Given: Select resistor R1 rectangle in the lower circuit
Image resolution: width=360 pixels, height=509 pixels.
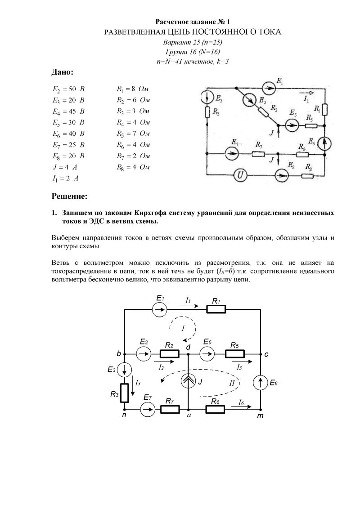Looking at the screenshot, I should [x=216, y=309].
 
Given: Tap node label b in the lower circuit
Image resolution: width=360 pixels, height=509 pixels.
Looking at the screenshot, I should [x=119, y=354].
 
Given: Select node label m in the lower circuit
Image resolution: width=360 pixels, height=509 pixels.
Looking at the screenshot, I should [x=260, y=416].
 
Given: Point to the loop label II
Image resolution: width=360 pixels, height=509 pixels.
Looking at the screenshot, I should [x=232, y=383].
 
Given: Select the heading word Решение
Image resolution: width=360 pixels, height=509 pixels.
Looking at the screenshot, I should [x=69, y=196].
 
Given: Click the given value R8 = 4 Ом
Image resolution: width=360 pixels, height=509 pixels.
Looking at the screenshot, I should [x=133, y=167].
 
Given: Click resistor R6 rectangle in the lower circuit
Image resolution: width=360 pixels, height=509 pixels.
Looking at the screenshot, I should [x=216, y=409].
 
